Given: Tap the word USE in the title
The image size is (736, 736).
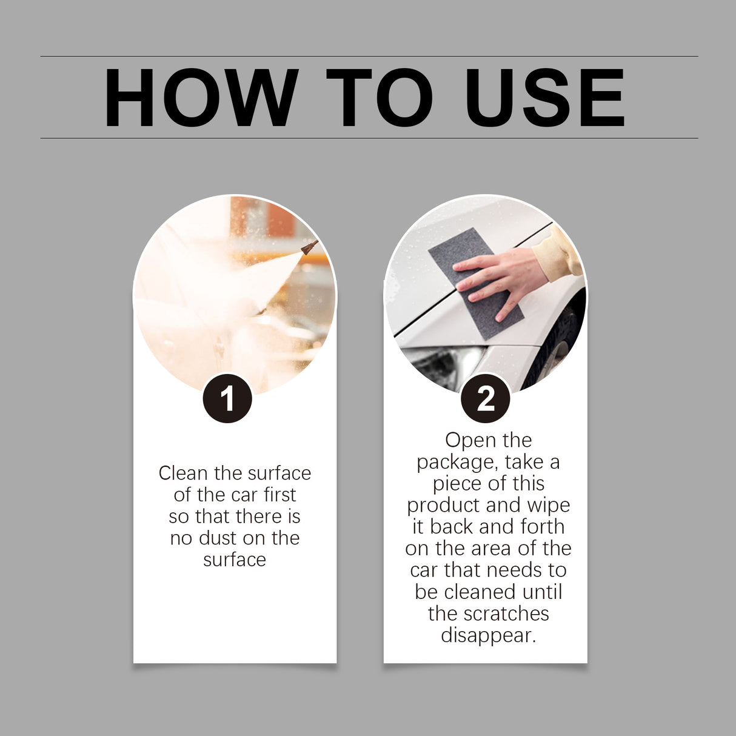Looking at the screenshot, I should tap(544, 98).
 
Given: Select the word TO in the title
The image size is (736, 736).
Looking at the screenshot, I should tap(380, 98).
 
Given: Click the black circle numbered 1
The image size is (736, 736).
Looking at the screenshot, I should tap(227, 399).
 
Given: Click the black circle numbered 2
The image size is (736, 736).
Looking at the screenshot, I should tap(486, 399).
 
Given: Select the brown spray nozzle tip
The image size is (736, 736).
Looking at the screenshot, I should tap(310, 247).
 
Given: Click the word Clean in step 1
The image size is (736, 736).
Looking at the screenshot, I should tap(182, 473).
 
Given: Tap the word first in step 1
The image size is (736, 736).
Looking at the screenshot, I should tap(279, 495).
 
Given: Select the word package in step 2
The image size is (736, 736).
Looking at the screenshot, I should tap(455, 463).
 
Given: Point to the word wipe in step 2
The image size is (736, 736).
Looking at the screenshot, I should tap(548, 505).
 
